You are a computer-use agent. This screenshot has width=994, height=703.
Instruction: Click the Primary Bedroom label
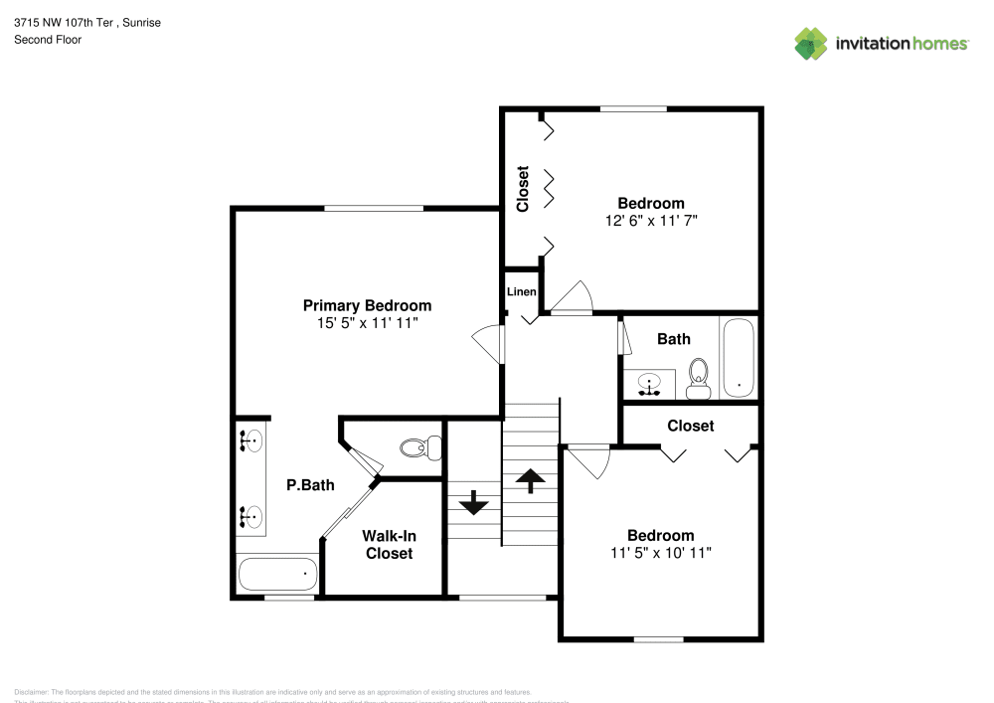[367, 305]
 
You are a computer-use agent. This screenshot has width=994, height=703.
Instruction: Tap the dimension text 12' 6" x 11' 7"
[651, 221]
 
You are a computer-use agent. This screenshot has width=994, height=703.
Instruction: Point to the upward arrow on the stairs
[531, 481]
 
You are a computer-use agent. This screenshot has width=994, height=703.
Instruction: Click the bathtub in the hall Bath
[738, 357]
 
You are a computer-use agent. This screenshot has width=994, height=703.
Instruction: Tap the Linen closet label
[522, 292]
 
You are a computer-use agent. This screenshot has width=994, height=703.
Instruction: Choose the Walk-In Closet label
[389, 545]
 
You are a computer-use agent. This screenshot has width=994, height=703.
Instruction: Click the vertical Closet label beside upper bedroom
[523, 189]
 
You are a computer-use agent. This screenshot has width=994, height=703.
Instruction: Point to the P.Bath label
[310, 486]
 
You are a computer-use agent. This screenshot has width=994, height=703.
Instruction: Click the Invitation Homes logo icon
[810, 43]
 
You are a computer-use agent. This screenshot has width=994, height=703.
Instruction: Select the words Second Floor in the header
[48, 40]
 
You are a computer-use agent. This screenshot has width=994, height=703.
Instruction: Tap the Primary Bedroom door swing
[487, 343]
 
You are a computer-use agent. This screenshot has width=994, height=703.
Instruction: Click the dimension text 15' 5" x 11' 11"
[367, 323]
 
